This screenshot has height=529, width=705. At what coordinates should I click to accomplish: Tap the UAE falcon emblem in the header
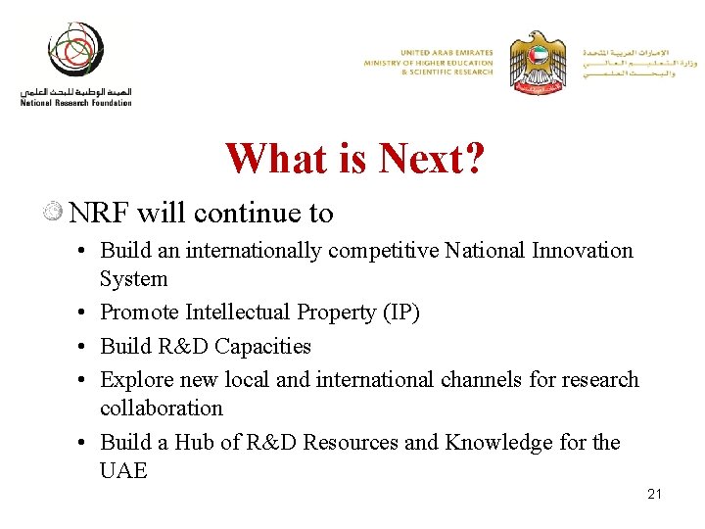coord(538,61)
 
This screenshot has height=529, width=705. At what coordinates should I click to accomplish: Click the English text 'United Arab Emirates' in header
coord(446,52)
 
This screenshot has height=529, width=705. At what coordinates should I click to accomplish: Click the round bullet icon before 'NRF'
coord(55,212)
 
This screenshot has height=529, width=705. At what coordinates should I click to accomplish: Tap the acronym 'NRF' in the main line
coord(100,213)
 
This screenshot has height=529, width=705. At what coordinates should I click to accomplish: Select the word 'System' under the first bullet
coord(133,279)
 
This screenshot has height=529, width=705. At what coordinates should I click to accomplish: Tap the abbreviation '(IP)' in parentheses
coord(398,313)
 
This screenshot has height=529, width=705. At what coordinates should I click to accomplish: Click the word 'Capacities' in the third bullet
coord(262,347)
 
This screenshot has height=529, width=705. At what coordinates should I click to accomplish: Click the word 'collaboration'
coord(162,409)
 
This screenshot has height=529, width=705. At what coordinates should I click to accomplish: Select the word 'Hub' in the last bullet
coord(194,443)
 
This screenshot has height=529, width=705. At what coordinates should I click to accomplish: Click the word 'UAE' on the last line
coord(123,471)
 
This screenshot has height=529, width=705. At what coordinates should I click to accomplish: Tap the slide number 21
coord(654,494)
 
